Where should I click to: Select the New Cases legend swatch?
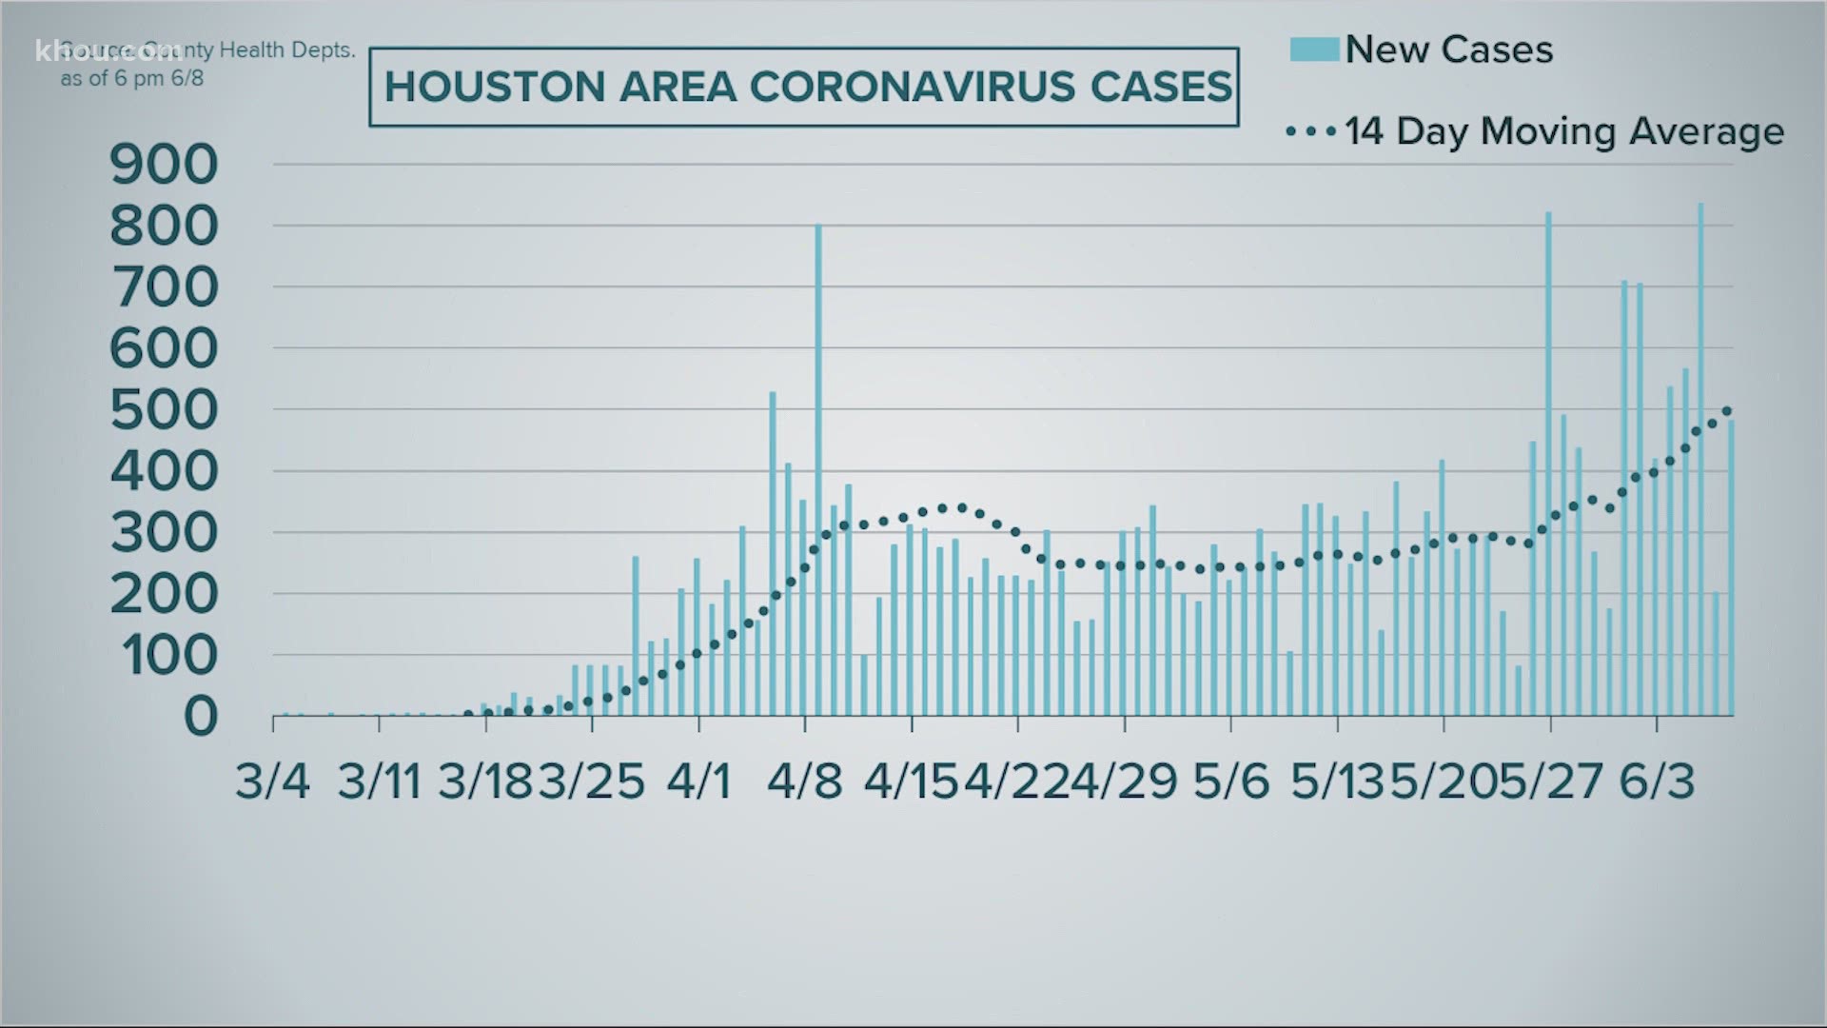click(1314, 49)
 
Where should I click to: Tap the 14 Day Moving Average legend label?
click(1563, 131)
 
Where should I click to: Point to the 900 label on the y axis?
click(164, 166)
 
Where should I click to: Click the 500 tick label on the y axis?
click(164, 411)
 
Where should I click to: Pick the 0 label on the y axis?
click(200, 717)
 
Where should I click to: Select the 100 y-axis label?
click(164, 656)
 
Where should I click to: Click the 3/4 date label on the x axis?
click(273, 782)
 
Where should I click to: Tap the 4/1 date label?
click(698, 782)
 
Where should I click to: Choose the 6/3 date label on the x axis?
click(1657, 782)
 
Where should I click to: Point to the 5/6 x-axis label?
click(1230, 782)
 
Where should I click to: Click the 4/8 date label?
click(805, 782)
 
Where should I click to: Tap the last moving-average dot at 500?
click(1727, 411)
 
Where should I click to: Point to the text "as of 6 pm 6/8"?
click(132, 79)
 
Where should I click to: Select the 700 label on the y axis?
click(164, 288)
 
